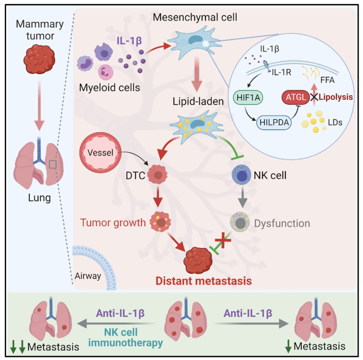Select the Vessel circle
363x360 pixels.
[x=101, y=153]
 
